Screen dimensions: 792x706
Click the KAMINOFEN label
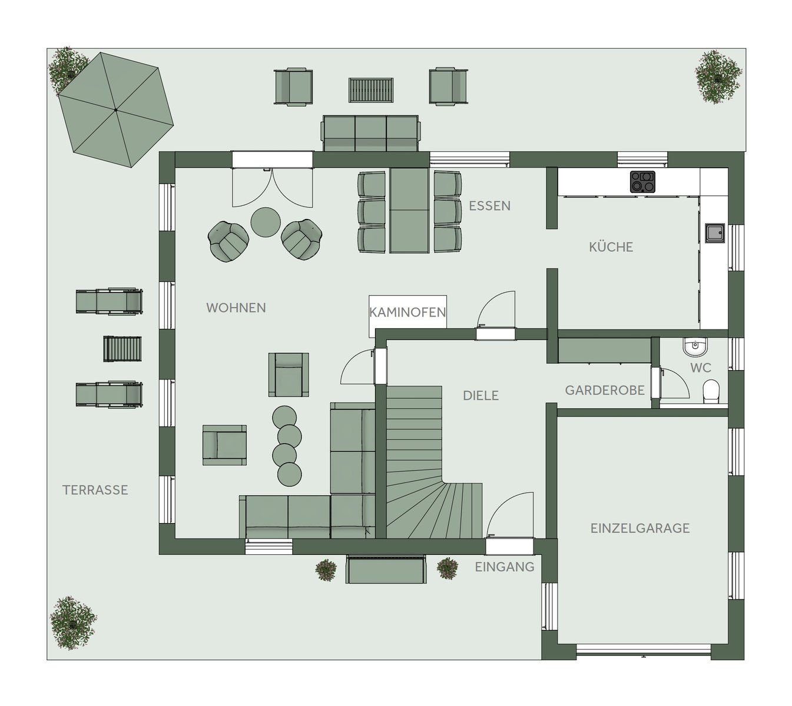click(x=407, y=312)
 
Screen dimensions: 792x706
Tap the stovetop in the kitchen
click(x=642, y=182)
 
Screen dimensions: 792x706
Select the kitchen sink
click(x=715, y=233)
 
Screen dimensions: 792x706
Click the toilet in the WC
click(x=711, y=391)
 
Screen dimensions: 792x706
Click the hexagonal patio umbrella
click(x=116, y=110)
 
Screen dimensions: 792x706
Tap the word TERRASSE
click(x=95, y=490)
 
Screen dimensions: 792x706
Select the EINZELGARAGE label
click(x=640, y=528)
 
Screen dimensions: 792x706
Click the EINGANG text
click(x=504, y=567)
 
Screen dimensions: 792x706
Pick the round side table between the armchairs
click(x=266, y=222)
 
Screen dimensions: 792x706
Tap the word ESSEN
click(x=489, y=206)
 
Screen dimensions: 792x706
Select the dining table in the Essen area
click(x=409, y=211)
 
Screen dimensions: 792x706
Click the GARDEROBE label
click(x=605, y=390)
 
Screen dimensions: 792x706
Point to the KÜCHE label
click(x=611, y=247)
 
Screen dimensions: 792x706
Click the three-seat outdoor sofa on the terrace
click(x=370, y=133)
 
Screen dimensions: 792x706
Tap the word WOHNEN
click(x=236, y=308)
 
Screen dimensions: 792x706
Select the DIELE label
click(x=480, y=396)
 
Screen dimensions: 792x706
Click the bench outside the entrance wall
click(x=386, y=569)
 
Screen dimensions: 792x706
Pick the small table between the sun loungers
click(x=122, y=349)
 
